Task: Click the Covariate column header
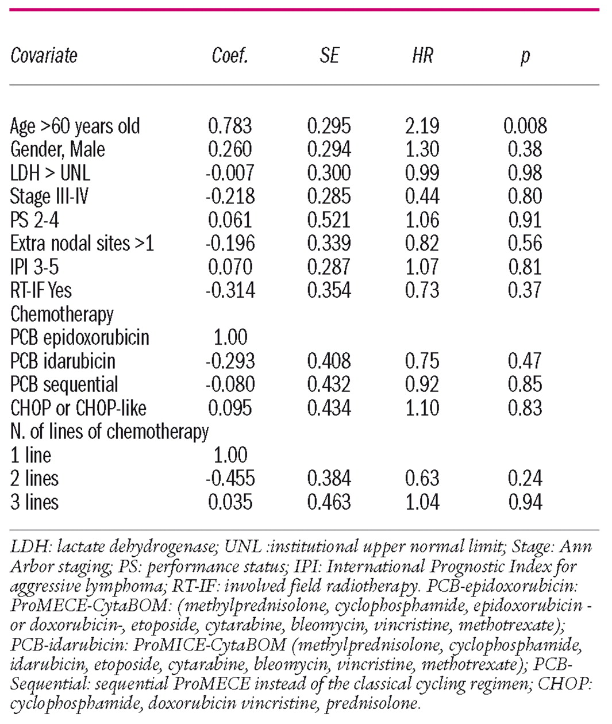pyautogui.click(x=44, y=56)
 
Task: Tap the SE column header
pyautogui.click(x=329, y=56)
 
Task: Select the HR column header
pyautogui.click(x=422, y=56)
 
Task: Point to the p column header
pyautogui.click(x=525, y=57)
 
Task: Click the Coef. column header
pyautogui.click(x=230, y=56)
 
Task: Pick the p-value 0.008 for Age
pyautogui.click(x=525, y=126)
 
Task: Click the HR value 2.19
pyautogui.click(x=422, y=126)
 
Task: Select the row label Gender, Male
pyautogui.click(x=57, y=149)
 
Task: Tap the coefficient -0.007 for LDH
pyautogui.click(x=230, y=173)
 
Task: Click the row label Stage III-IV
pyautogui.click(x=49, y=197)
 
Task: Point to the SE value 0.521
pyautogui.click(x=329, y=220)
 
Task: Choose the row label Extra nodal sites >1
pyautogui.click(x=82, y=244)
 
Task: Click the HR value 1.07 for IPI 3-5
pyautogui.click(x=422, y=267)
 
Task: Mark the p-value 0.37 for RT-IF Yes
pyautogui.click(x=525, y=290)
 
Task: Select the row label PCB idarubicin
pyautogui.click(x=63, y=361)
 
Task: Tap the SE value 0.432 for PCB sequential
pyautogui.click(x=329, y=384)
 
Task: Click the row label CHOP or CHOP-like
pyautogui.click(x=78, y=408)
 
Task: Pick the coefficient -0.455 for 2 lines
pyautogui.click(x=230, y=478)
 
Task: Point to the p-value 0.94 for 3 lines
pyautogui.click(x=525, y=502)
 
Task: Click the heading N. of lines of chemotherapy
pyautogui.click(x=109, y=432)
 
